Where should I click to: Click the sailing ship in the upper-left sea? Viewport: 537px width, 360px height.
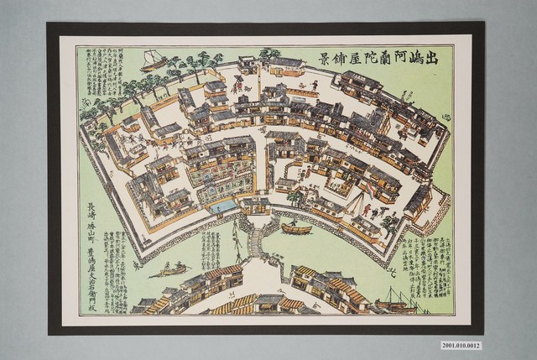154,59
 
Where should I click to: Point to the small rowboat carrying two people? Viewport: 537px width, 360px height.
171,269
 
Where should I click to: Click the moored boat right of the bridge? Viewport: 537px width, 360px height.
295,227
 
